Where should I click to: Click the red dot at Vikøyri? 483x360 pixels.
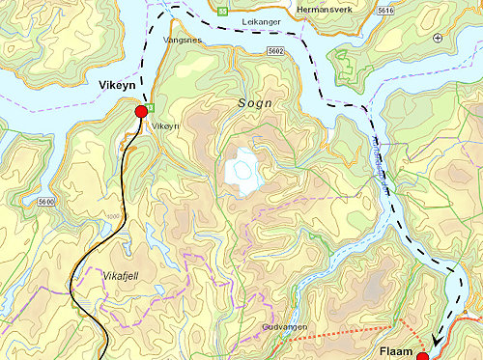(x=141, y=112)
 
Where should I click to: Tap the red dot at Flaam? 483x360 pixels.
(x=422, y=356)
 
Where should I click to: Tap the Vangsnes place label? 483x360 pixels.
(x=184, y=42)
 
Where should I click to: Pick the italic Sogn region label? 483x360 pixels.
(x=255, y=102)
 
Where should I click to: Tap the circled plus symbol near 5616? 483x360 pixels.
(x=438, y=38)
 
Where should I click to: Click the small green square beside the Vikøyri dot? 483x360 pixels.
(x=152, y=106)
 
